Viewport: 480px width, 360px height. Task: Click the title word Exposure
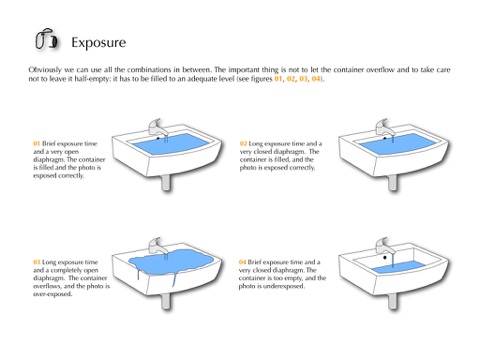pyautogui.click(x=99, y=43)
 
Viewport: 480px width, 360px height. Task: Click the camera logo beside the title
pyautogui.click(x=46, y=39)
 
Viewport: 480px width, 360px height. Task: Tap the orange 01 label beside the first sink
pyautogui.click(x=36, y=144)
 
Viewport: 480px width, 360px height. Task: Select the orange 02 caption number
pyautogui.click(x=243, y=144)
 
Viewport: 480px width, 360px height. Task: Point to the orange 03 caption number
pyautogui.click(x=36, y=262)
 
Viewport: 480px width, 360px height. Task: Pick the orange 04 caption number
pyautogui.click(x=242, y=262)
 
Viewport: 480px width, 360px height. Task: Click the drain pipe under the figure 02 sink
pyautogui.click(x=393, y=183)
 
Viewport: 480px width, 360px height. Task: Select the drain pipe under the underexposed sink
pyautogui.click(x=393, y=301)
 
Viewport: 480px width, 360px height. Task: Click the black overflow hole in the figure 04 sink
pyautogui.click(x=385, y=257)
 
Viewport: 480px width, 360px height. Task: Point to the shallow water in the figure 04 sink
pyautogui.click(x=399, y=267)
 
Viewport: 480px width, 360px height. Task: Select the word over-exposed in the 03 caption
pyautogui.click(x=53, y=294)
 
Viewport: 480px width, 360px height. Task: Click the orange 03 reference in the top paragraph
pyautogui.click(x=303, y=79)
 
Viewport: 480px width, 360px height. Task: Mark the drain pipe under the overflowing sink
pyautogui.click(x=166, y=301)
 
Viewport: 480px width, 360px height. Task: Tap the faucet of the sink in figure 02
pyautogui.click(x=385, y=128)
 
